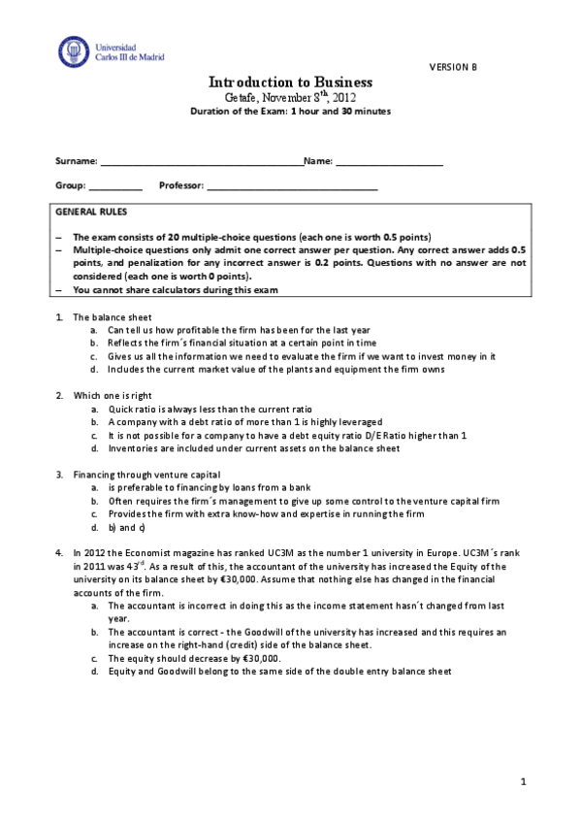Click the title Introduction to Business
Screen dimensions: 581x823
(290, 82)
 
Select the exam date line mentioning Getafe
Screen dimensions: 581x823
(290, 98)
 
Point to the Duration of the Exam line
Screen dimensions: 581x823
(290, 112)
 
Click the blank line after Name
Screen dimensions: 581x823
(389, 162)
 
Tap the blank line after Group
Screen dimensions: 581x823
(115, 186)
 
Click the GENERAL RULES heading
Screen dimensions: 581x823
(90, 212)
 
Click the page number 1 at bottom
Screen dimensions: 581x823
(523, 781)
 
